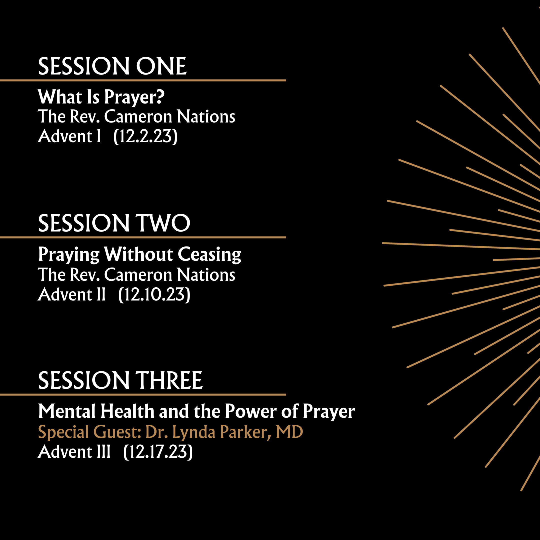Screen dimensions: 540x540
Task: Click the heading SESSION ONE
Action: [112, 66]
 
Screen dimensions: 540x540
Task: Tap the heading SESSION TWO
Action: [114, 223]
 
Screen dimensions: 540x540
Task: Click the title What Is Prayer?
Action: [101, 97]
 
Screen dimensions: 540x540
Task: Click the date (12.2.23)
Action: [145, 137]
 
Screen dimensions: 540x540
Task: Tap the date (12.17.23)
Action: [158, 452]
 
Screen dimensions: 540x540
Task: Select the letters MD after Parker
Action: [289, 432]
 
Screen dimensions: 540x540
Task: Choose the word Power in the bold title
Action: [251, 411]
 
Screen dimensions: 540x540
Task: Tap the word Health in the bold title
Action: [127, 411]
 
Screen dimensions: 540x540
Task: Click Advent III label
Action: [74, 452]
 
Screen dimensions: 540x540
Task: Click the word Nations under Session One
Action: [206, 116]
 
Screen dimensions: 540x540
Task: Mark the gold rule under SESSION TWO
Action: [143, 237]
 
